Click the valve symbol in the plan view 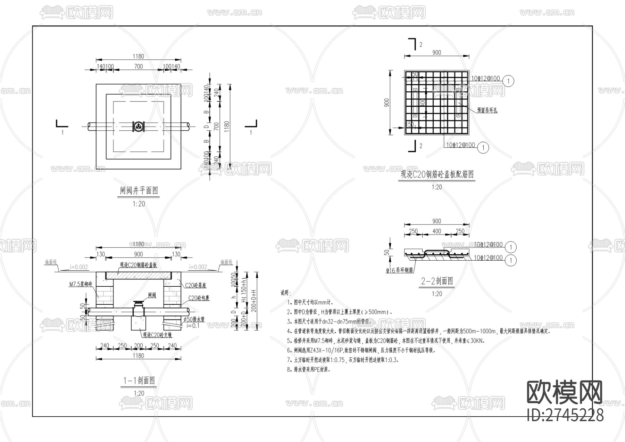(x=138, y=126)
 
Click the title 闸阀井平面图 (x=139, y=190)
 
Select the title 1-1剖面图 (x=139, y=380)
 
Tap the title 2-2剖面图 (x=437, y=281)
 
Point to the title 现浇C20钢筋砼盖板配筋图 (x=437, y=174)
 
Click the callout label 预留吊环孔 (x=487, y=110)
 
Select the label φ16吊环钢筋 (x=399, y=270)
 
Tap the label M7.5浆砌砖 (x=80, y=284)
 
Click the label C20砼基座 (x=195, y=285)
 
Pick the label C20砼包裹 (x=199, y=298)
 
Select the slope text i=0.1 (x=193, y=326)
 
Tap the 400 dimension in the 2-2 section (x=437, y=231)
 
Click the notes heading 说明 (x=286, y=293)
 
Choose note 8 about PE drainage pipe (x=309, y=369)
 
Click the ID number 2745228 (x=565, y=415)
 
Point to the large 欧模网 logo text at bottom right (x=565, y=392)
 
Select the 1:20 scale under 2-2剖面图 (x=437, y=294)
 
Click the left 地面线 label (x=51, y=262)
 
